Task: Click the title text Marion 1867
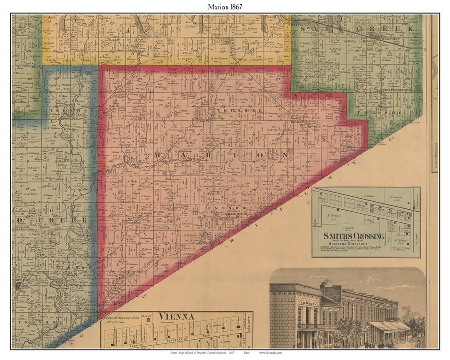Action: click(x=225, y=7)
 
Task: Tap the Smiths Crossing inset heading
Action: click(x=353, y=236)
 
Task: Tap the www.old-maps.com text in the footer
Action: click(x=271, y=352)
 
